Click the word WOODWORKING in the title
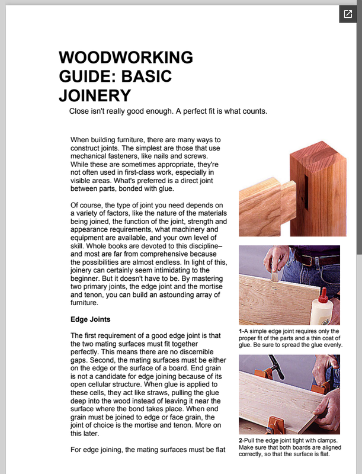[x=126, y=58]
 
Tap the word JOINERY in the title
[x=94, y=95]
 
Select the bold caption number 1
[x=241, y=331]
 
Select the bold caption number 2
[x=241, y=441]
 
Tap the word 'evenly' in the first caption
[x=331, y=345]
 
